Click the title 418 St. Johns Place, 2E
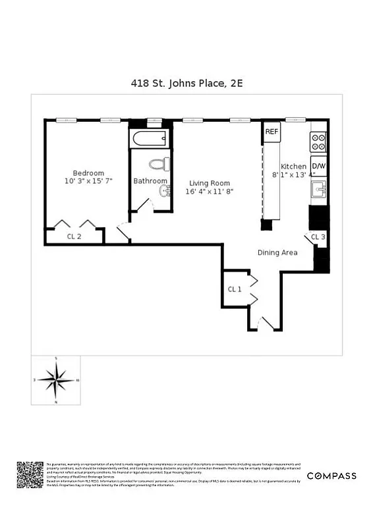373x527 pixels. [x=186, y=83]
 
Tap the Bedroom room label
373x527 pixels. [x=88, y=173]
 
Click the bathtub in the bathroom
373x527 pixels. [x=149, y=139]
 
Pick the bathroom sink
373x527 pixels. [x=165, y=191]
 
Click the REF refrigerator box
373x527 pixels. [x=272, y=132]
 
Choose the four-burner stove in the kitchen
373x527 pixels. [x=318, y=142]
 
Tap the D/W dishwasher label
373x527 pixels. [x=318, y=166]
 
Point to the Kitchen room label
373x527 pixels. [x=294, y=167]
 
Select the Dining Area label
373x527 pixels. [x=277, y=252]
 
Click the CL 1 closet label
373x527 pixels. [x=234, y=289]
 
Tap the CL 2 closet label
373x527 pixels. [x=74, y=236]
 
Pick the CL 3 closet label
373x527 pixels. [x=318, y=236]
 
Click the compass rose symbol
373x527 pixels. [x=56, y=380]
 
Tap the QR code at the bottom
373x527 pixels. [x=30, y=475]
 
